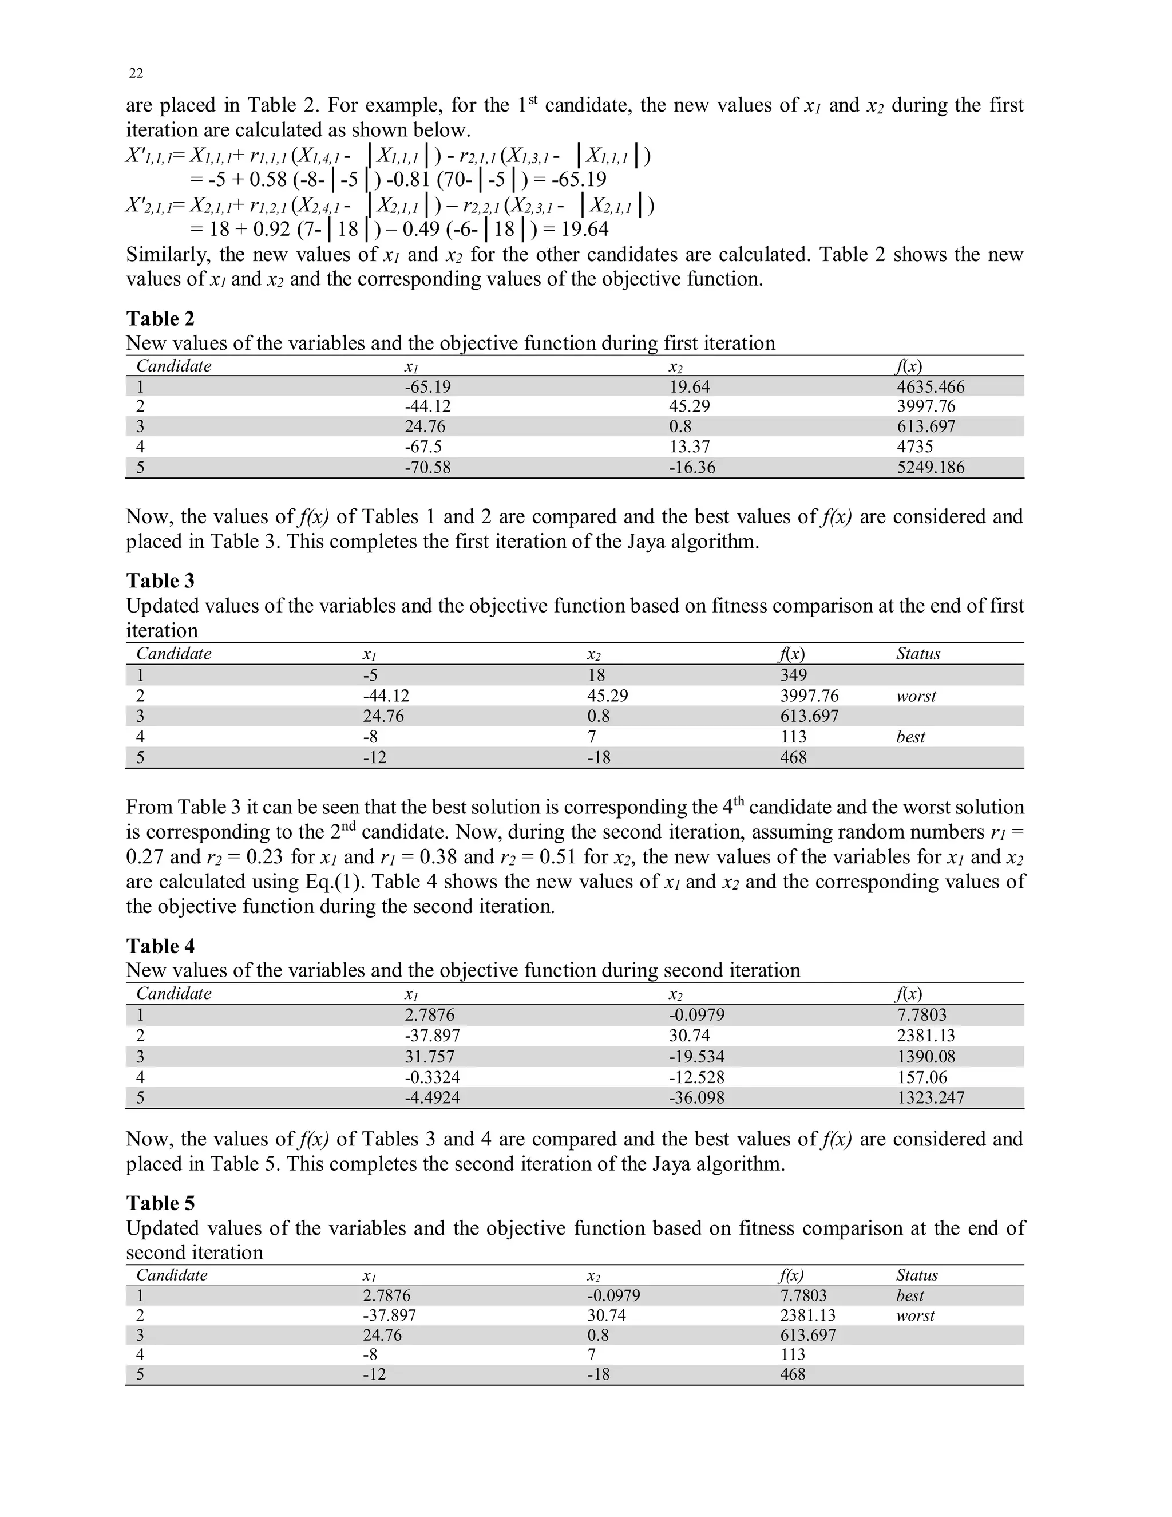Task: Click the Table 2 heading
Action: point(160,319)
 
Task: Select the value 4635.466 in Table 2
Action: point(931,387)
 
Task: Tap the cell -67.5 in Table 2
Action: point(423,447)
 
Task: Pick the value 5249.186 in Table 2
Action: point(931,468)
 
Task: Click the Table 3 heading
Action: point(160,580)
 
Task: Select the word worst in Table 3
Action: point(916,696)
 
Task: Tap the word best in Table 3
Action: point(910,737)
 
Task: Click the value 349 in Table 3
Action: point(793,675)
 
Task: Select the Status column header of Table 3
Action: point(918,654)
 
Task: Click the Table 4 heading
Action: point(160,946)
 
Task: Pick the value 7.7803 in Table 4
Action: point(921,1015)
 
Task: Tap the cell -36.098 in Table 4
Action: point(696,1097)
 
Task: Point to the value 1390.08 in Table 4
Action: point(925,1057)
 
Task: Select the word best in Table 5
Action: point(909,1295)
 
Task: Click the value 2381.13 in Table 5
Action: point(807,1315)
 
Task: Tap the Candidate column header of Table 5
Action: point(172,1275)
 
